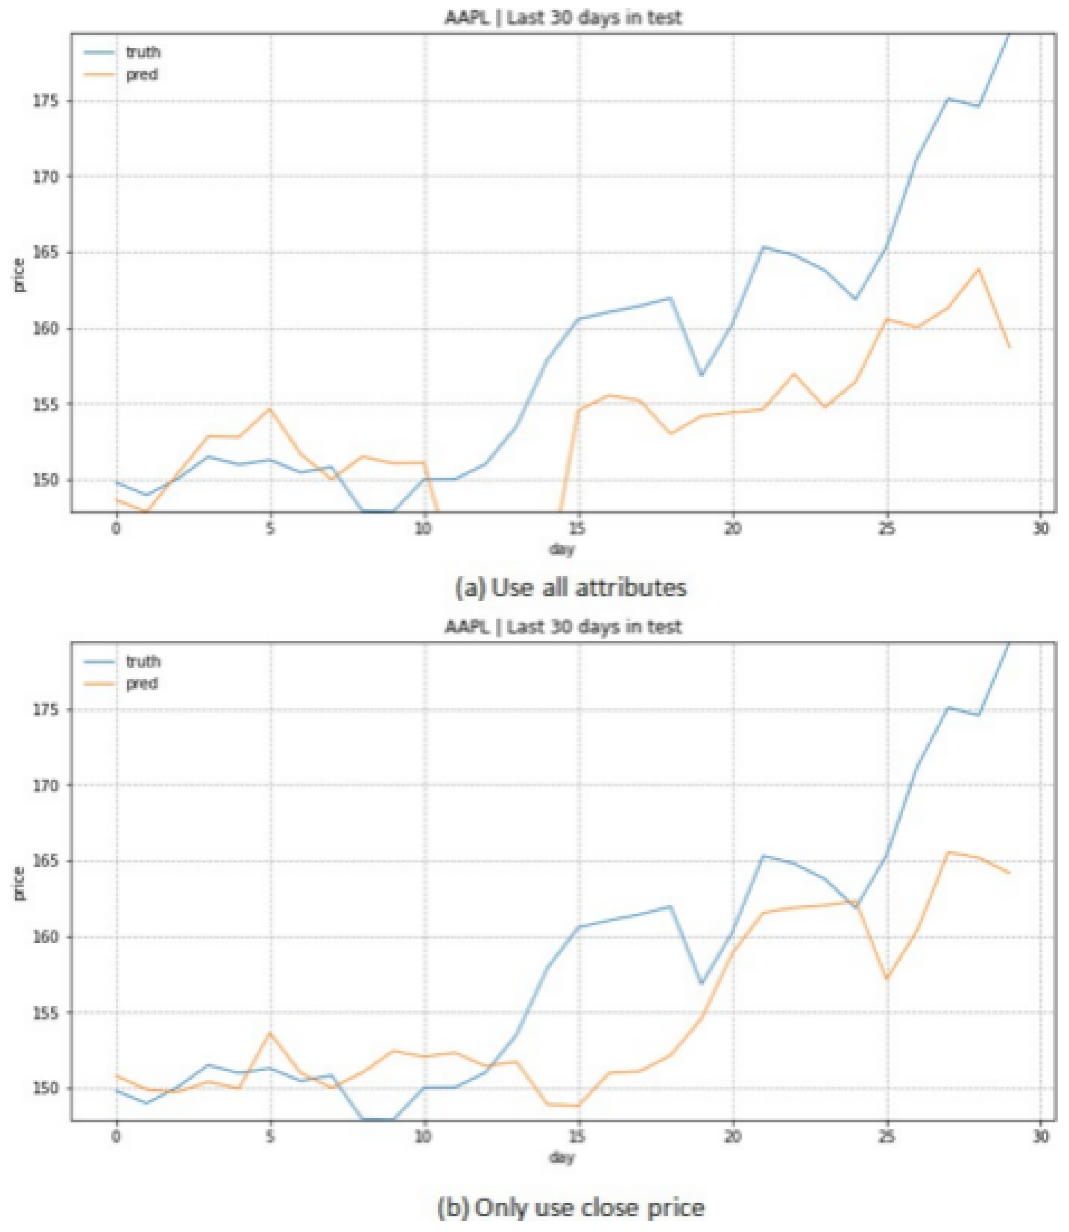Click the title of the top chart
click(562, 17)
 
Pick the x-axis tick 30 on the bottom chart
click(1040, 1137)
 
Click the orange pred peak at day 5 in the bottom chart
click(270, 1033)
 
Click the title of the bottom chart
click(562, 626)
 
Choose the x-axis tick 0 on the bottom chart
click(116, 1137)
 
